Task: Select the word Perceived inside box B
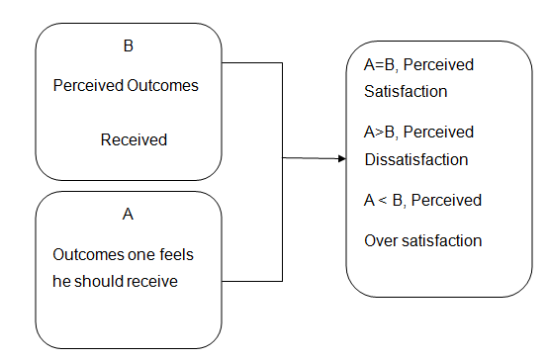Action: coord(87,86)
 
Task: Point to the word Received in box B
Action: coord(134,140)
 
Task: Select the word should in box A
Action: coord(97,280)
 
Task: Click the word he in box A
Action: coord(62,280)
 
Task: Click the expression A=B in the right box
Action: coord(371,65)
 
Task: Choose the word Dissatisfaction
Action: coord(410,158)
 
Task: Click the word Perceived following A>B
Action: coord(440,133)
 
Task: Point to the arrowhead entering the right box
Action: coord(341,158)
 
